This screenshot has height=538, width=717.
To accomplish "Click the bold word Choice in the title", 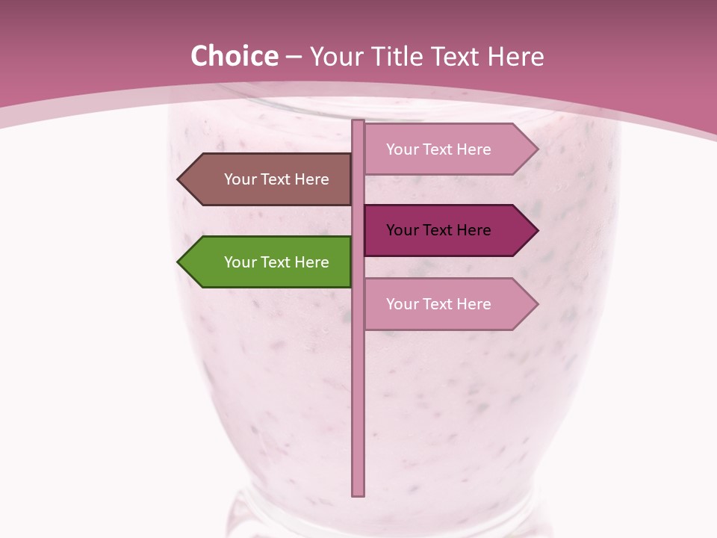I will (234, 56).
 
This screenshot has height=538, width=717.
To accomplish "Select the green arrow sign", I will (269, 262).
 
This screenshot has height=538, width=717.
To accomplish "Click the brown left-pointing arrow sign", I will (269, 179).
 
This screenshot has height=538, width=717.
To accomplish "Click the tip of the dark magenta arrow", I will (536, 230).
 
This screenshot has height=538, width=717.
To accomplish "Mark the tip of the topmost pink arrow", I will (536, 149).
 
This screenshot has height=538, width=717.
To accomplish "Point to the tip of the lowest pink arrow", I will (536, 304).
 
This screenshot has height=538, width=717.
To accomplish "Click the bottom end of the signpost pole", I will (358, 493).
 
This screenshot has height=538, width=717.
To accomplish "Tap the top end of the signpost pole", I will (358, 123).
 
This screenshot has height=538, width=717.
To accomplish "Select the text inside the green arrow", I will (276, 262).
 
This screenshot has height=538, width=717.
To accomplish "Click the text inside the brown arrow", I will (276, 179).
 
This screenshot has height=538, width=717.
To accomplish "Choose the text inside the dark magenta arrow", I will (438, 230).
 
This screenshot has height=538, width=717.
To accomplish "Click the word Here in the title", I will (515, 56).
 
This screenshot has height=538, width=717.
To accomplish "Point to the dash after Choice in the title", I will (294, 58).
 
